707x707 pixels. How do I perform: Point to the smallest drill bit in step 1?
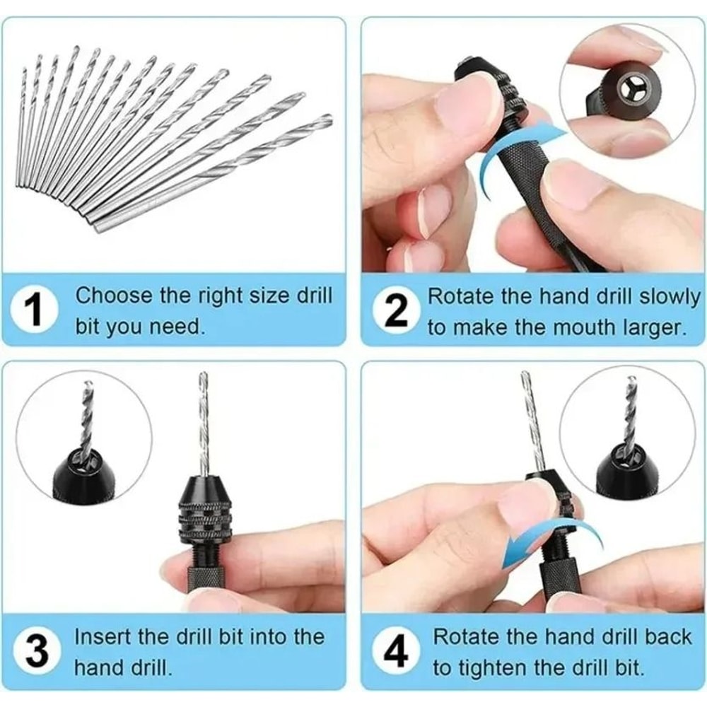point(21,127)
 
